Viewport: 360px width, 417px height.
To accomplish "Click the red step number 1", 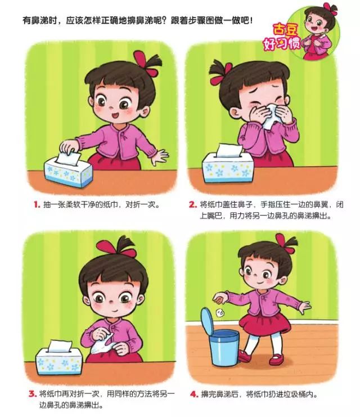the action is [x=37, y=205].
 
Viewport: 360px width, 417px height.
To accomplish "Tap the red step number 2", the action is [x=193, y=204].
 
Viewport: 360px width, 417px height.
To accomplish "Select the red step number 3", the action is [x=33, y=394].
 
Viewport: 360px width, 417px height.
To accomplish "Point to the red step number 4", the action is [x=194, y=394].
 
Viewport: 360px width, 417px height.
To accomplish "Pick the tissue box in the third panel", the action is [x=59, y=358].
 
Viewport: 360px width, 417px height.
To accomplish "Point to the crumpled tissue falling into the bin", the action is [x=220, y=313].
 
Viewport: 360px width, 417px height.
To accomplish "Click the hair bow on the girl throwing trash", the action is [x=285, y=243].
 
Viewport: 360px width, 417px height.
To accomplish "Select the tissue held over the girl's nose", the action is [x=271, y=116].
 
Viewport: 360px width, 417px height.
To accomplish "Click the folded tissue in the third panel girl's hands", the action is [x=102, y=344].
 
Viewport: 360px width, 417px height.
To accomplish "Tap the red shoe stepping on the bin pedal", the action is [x=244, y=356].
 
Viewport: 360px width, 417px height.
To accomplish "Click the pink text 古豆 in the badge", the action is [x=285, y=30].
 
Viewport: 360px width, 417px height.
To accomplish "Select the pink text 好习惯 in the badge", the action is [x=282, y=43].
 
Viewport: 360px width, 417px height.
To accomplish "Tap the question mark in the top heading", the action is [x=165, y=20].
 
